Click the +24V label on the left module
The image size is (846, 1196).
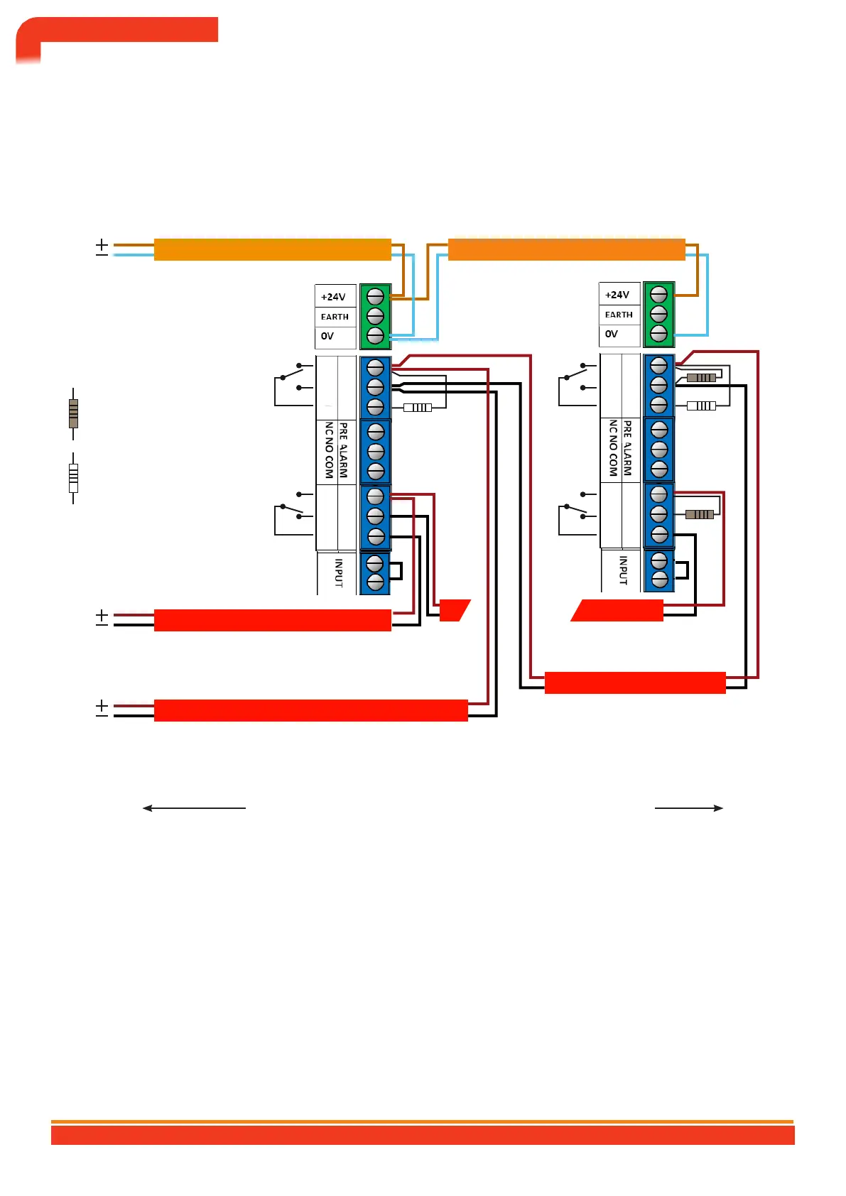[333, 297]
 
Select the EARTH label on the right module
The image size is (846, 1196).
[619, 315]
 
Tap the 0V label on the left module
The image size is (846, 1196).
[327, 336]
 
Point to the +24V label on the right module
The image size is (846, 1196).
[617, 295]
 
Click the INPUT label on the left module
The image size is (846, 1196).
[339, 572]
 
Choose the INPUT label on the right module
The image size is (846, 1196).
[623, 570]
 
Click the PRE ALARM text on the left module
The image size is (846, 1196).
[343, 450]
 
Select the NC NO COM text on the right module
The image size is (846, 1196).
[613, 447]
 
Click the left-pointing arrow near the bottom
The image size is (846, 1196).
[193, 808]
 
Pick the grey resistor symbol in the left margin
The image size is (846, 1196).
[73, 413]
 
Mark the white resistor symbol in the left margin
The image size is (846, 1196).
[73, 478]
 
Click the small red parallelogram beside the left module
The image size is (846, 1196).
[455, 610]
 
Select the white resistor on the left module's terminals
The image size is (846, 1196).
[418, 408]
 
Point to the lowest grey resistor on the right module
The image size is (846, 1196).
[700, 514]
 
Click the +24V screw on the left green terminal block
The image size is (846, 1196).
[375, 296]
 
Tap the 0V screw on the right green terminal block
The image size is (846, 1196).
[658, 333]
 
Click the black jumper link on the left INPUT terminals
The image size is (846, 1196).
[396, 572]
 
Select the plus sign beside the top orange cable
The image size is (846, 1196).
[102, 245]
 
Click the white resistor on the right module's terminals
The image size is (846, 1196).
[701, 406]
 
